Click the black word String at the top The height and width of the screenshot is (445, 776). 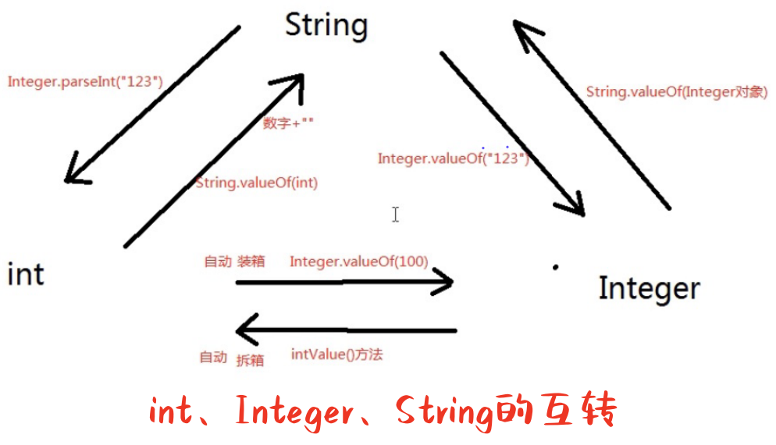(326, 25)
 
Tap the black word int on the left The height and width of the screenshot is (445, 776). (26, 275)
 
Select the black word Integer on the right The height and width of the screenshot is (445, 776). (649, 288)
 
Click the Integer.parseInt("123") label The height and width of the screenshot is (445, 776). (85, 80)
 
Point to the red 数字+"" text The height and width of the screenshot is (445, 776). (288, 123)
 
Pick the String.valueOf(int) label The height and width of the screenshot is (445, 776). (256, 183)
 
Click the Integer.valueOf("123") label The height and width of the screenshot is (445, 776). (453, 158)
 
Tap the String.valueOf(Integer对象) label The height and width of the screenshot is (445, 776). (677, 92)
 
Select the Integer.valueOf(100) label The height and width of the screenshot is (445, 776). (358, 262)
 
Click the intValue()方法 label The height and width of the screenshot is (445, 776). (336, 354)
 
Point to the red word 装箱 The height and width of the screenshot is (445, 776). (251, 262)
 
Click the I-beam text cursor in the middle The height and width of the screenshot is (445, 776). (396, 214)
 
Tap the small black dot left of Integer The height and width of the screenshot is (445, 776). (556, 267)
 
